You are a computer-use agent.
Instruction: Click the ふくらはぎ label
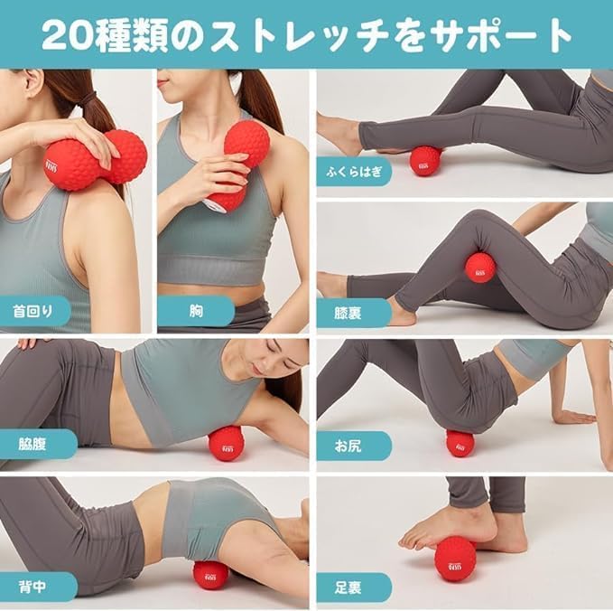(x=354, y=171)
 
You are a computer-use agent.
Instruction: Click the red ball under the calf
(x=425, y=161)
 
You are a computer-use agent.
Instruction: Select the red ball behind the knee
(x=479, y=268)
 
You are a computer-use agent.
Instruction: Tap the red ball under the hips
(x=460, y=443)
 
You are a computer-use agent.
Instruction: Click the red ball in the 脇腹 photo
(x=226, y=443)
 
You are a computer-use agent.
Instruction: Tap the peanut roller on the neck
(x=95, y=161)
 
